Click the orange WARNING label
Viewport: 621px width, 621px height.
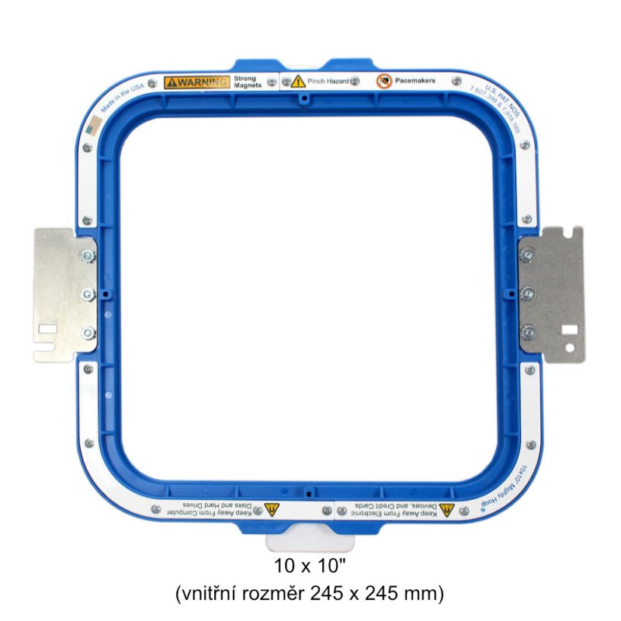pyautogui.click(x=197, y=82)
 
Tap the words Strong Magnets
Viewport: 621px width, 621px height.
pyautogui.click(x=248, y=82)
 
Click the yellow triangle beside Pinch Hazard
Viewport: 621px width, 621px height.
pyautogui.click(x=297, y=81)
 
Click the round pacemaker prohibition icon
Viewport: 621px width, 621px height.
pyautogui.click(x=383, y=80)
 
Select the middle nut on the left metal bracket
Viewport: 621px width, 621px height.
pyautogui.click(x=87, y=293)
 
